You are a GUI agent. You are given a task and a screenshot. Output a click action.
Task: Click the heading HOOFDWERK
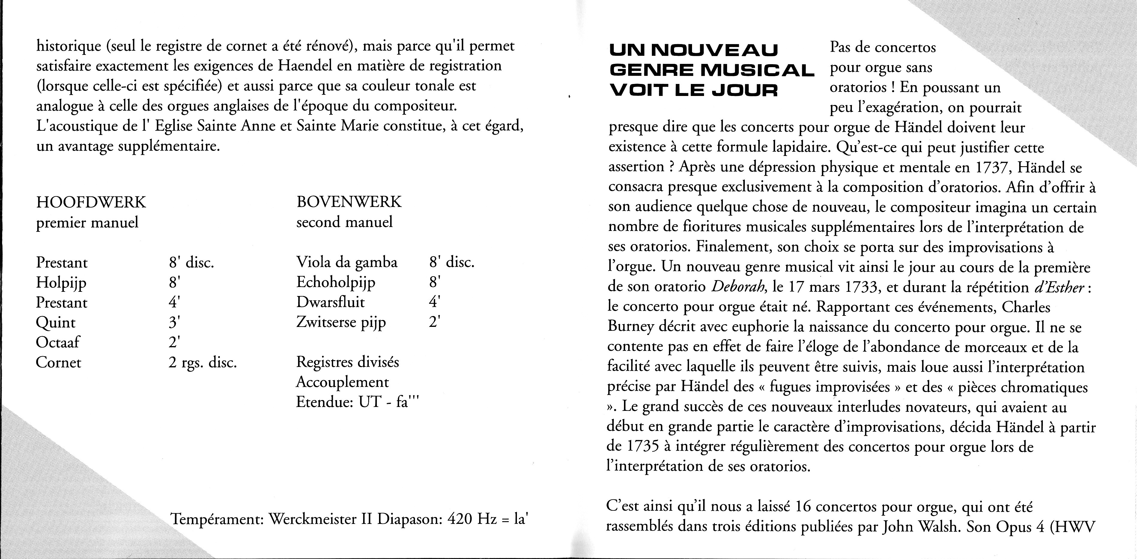[91, 202]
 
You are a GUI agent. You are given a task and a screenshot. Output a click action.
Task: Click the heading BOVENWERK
[349, 202]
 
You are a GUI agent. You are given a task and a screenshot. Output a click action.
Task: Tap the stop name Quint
[55, 323]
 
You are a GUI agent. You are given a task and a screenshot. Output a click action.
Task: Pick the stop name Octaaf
[58, 342]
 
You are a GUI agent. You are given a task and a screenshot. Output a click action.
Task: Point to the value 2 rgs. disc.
[203, 363]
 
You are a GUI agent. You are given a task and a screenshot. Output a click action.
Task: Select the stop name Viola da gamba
[347, 262]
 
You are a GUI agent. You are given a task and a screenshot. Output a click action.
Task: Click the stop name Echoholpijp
[336, 282]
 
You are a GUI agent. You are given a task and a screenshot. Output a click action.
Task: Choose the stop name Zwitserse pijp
[341, 323]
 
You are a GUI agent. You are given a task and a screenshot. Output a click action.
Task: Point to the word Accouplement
[342, 382]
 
